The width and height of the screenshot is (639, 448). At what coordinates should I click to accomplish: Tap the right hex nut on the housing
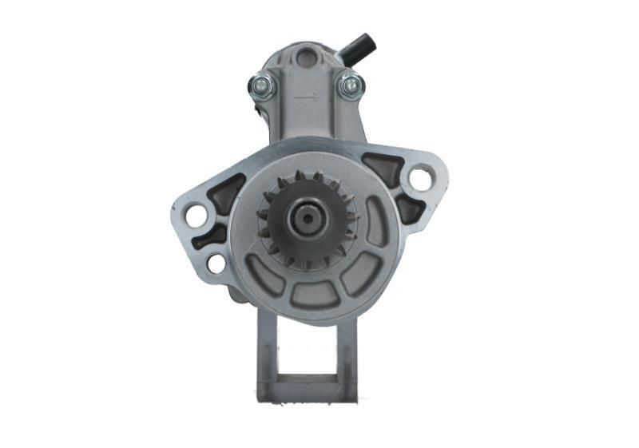click(x=349, y=85)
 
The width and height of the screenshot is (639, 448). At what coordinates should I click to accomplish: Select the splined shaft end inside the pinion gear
click(x=305, y=216)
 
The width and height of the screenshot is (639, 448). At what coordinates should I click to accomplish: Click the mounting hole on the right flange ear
click(x=420, y=177)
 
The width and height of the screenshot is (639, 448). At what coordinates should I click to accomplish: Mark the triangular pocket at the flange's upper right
click(x=382, y=168)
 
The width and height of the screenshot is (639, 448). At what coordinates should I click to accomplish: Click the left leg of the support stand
click(x=266, y=351)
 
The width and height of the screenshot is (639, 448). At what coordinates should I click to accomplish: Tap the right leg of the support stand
click(x=346, y=351)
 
